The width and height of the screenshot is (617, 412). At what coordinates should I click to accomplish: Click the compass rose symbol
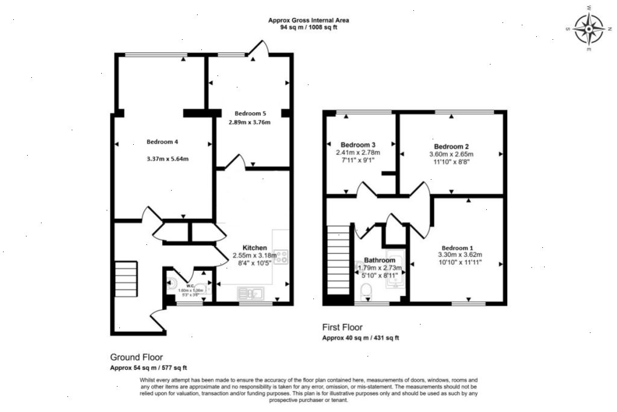(588, 28)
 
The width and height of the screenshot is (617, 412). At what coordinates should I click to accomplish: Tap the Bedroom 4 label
(163, 142)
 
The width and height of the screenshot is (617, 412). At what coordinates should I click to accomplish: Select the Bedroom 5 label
(250, 113)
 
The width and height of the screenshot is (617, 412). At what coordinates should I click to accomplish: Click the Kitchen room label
(254, 248)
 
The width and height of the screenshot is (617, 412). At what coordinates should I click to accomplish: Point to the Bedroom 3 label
(358, 145)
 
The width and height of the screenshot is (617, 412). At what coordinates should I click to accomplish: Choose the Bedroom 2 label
(451, 147)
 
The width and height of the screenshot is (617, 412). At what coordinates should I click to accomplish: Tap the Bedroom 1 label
(457, 248)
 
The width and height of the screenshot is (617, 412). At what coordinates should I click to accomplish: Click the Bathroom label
(379, 260)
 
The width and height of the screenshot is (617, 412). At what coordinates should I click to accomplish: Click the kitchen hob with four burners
(281, 258)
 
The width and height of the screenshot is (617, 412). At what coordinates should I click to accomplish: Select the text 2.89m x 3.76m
(249, 122)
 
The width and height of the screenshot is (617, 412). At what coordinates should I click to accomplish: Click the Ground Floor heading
(136, 357)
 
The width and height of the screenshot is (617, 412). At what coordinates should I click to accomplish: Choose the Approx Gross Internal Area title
(308, 20)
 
